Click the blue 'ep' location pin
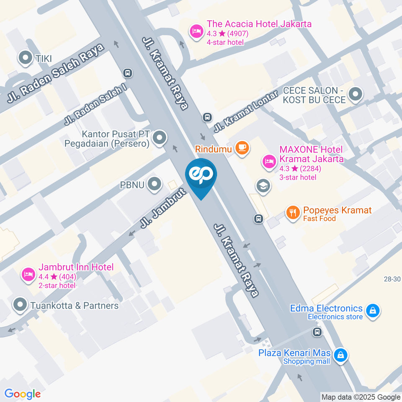[x=201, y=175]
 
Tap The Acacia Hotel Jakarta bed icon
[x=196, y=31]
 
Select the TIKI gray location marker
[x=26, y=58]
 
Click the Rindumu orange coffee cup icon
[x=242, y=147]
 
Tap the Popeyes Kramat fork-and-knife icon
[x=293, y=213]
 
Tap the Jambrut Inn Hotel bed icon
[x=27, y=275]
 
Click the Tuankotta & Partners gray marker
[x=20, y=305]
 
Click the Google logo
[x=22, y=394]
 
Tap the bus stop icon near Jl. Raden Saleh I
[x=127, y=73]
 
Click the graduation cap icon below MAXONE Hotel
[x=263, y=185]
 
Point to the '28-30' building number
[x=392, y=279]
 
